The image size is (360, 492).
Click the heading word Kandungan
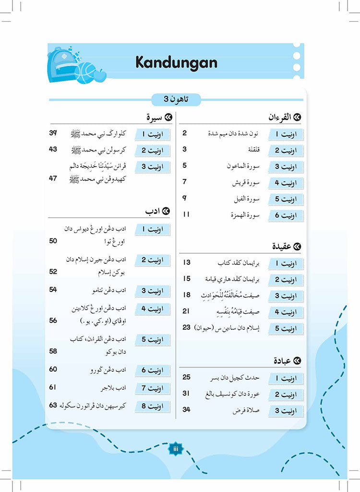(x=176, y=62)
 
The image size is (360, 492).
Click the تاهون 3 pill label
(x=176, y=100)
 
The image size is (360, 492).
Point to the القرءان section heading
(x=283, y=117)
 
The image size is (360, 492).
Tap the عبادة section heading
(x=286, y=361)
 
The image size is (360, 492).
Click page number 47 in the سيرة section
(x=53, y=178)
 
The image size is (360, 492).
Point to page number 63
(x=53, y=405)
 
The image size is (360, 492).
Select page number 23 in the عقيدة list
(x=187, y=328)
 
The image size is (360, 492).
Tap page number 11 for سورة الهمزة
(x=187, y=214)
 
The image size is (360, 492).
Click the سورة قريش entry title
(x=246, y=183)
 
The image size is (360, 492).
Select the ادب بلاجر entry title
(x=113, y=387)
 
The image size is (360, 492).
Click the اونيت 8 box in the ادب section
(x=153, y=406)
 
